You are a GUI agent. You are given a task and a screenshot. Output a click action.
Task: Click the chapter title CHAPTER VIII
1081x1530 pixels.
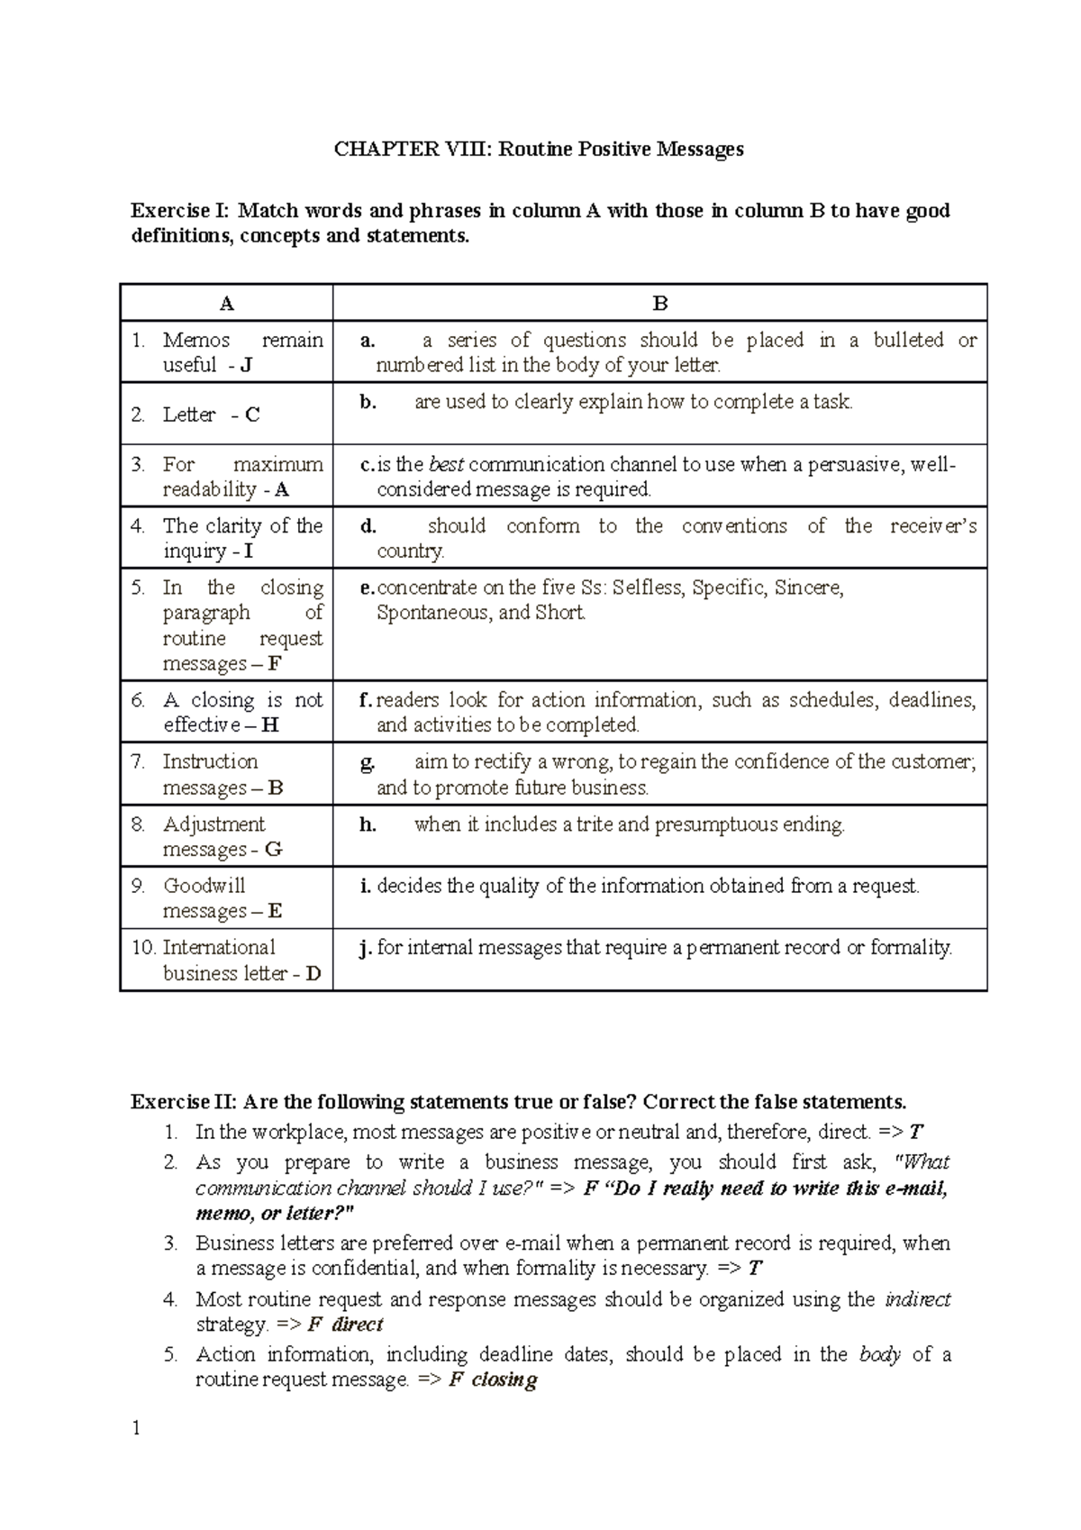tap(410, 150)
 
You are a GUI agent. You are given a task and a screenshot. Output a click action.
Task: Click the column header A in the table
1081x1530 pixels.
tap(227, 304)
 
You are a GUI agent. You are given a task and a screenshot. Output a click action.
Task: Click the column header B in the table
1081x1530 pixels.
tap(660, 304)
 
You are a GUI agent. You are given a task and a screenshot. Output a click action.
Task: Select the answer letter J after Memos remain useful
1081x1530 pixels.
tap(246, 366)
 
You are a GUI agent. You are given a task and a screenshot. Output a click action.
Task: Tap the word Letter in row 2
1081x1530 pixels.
tap(189, 414)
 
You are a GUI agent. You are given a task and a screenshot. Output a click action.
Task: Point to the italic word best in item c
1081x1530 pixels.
tap(446, 465)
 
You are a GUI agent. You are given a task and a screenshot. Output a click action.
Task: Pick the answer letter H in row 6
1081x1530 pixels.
tap(269, 725)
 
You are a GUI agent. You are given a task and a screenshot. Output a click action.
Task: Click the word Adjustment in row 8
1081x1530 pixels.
tap(214, 824)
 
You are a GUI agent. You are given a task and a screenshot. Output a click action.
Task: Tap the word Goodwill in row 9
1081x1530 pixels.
tap(204, 886)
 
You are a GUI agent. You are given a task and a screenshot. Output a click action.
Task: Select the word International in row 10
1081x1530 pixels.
tap(219, 948)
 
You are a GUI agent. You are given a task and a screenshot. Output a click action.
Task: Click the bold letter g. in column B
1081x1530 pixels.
tap(367, 762)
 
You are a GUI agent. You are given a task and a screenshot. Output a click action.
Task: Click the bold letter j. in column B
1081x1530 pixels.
tap(365, 948)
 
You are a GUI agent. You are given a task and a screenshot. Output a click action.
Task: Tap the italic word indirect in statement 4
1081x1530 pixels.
tap(918, 1299)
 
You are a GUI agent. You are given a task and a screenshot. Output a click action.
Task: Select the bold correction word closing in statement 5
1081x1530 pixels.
tap(504, 1380)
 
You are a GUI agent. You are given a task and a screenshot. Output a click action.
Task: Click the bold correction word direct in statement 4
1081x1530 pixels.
tap(358, 1325)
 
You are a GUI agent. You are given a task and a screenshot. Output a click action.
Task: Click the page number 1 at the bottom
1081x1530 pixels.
tap(136, 1429)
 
